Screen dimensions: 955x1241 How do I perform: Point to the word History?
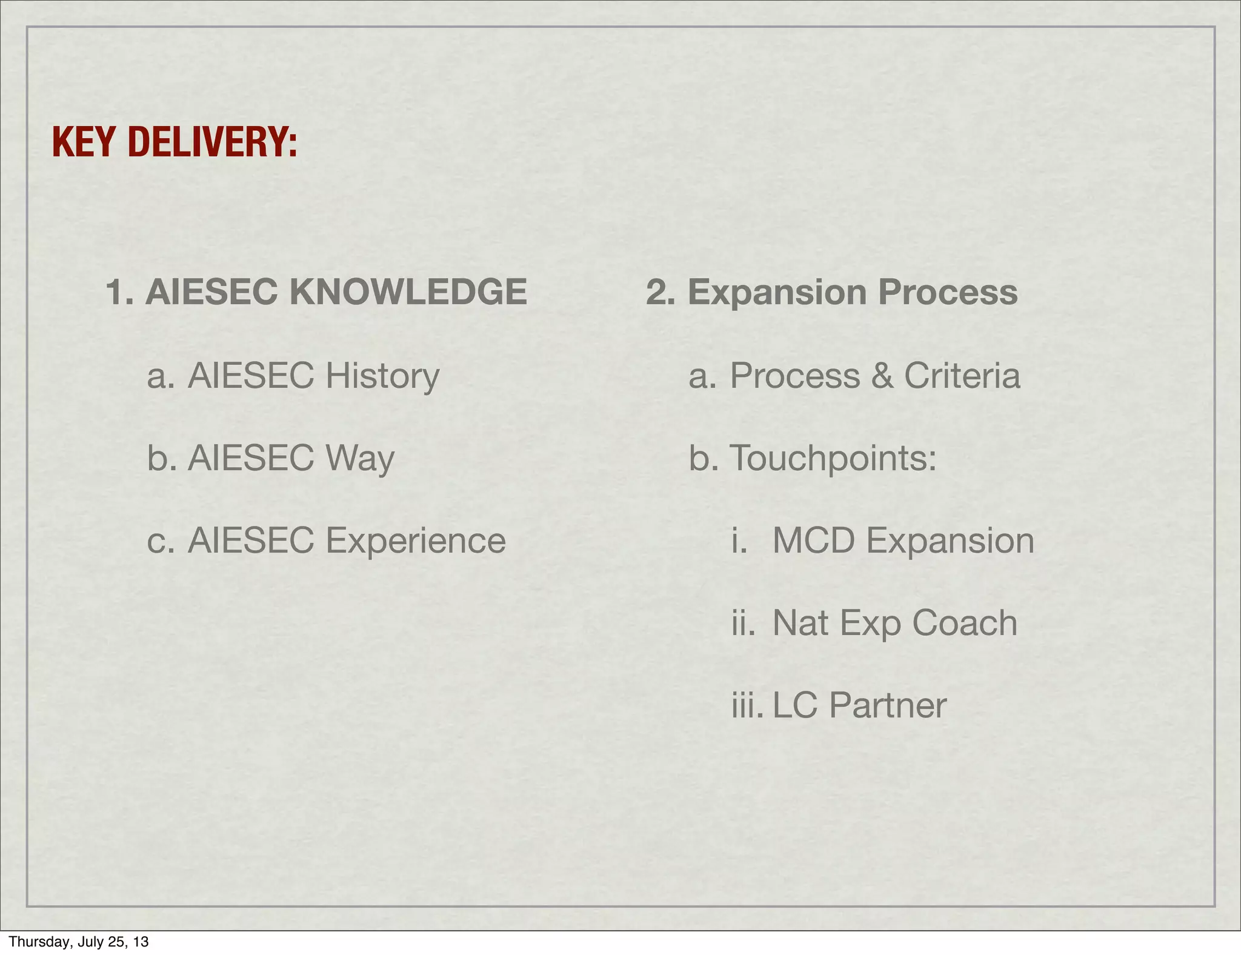click(382, 376)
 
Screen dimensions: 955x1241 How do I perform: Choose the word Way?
click(360, 458)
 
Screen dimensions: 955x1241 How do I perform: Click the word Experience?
click(416, 541)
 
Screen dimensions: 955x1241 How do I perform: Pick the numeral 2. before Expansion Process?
click(661, 292)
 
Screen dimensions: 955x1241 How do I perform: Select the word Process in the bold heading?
click(948, 292)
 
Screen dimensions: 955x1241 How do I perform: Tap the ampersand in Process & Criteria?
click(882, 376)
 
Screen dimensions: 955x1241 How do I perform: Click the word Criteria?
click(962, 376)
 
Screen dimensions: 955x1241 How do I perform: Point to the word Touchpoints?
click(833, 458)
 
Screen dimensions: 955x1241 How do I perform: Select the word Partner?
click(888, 705)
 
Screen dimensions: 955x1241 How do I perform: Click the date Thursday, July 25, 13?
click(79, 942)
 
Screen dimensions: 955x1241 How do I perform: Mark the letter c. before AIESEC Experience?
click(161, 541)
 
